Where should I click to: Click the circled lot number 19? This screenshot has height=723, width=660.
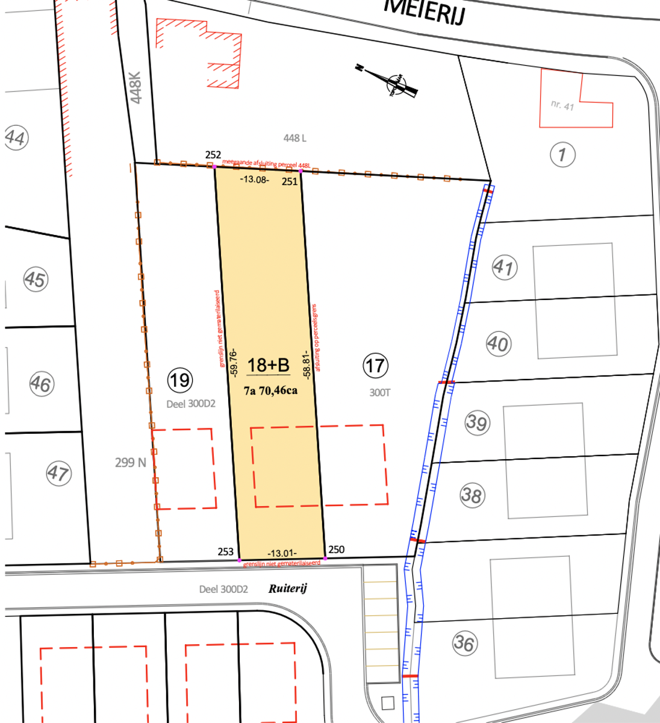tap(179, 380)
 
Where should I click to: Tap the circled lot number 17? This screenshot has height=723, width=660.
tap(375, 365)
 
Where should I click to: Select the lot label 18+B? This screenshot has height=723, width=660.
tap(268, 365)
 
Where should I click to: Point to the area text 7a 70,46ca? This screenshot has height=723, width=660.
tap(270, 390)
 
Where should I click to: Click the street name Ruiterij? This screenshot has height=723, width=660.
tap(287, 588)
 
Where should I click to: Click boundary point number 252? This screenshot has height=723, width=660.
tap(213, 155)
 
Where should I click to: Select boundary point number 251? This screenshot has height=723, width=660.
tap(290, 181)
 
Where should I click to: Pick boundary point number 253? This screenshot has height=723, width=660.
tap(225, 551)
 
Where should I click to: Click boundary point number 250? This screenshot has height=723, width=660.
tap(337, 549)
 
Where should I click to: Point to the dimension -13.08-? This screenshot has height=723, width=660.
tap(254, 179)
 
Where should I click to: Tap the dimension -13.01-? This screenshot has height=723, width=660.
tap(282, 553)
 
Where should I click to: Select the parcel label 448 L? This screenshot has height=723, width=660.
tap(295, 138)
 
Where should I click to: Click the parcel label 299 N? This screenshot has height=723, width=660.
tap(131, 463)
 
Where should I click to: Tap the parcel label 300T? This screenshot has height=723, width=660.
tap(379, 393)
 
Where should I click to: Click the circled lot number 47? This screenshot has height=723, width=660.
tap(58, 473)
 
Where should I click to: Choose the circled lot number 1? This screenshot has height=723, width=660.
tap(562, 155)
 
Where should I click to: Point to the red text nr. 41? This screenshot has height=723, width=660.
tap(562, 105)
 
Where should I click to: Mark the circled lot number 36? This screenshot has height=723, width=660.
tap(464, 643)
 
